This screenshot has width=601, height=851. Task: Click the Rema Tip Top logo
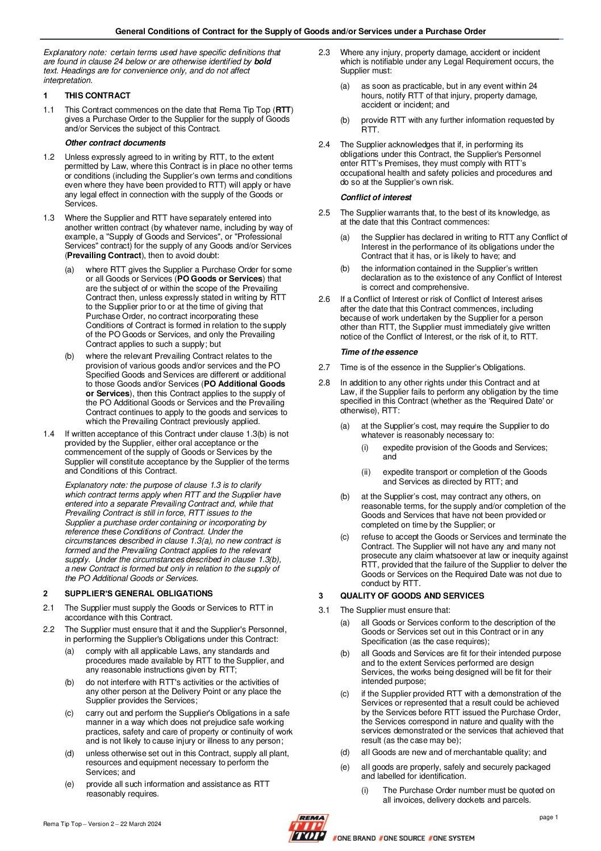coord(307,828)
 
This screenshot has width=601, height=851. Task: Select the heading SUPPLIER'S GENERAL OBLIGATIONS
coord(139,593)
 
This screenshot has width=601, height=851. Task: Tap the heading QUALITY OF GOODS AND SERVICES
coord(412,596)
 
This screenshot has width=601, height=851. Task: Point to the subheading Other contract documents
coord(115,143)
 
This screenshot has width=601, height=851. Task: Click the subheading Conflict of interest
coord(375,197)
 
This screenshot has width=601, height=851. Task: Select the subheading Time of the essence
coord(378,352)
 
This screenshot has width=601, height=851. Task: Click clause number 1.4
coord(49,434)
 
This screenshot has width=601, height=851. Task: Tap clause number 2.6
coord(324,299)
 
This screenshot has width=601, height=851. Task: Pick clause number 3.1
coord(324,610)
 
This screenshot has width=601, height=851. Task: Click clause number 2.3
coord(324,52)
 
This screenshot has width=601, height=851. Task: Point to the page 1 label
coord(549,817)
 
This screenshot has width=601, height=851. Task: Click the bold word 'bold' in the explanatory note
coord(262,61)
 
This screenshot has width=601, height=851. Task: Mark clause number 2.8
coord(324,383)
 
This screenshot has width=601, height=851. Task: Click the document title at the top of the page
coord(300,31)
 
